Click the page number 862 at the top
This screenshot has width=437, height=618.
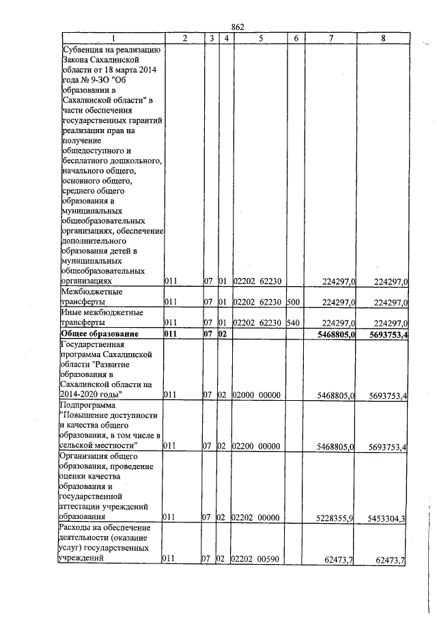[238, 27]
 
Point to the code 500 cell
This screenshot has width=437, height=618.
[293, 302]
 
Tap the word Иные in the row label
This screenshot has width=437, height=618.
[72, 313]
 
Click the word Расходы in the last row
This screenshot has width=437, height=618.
[78, 529]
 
